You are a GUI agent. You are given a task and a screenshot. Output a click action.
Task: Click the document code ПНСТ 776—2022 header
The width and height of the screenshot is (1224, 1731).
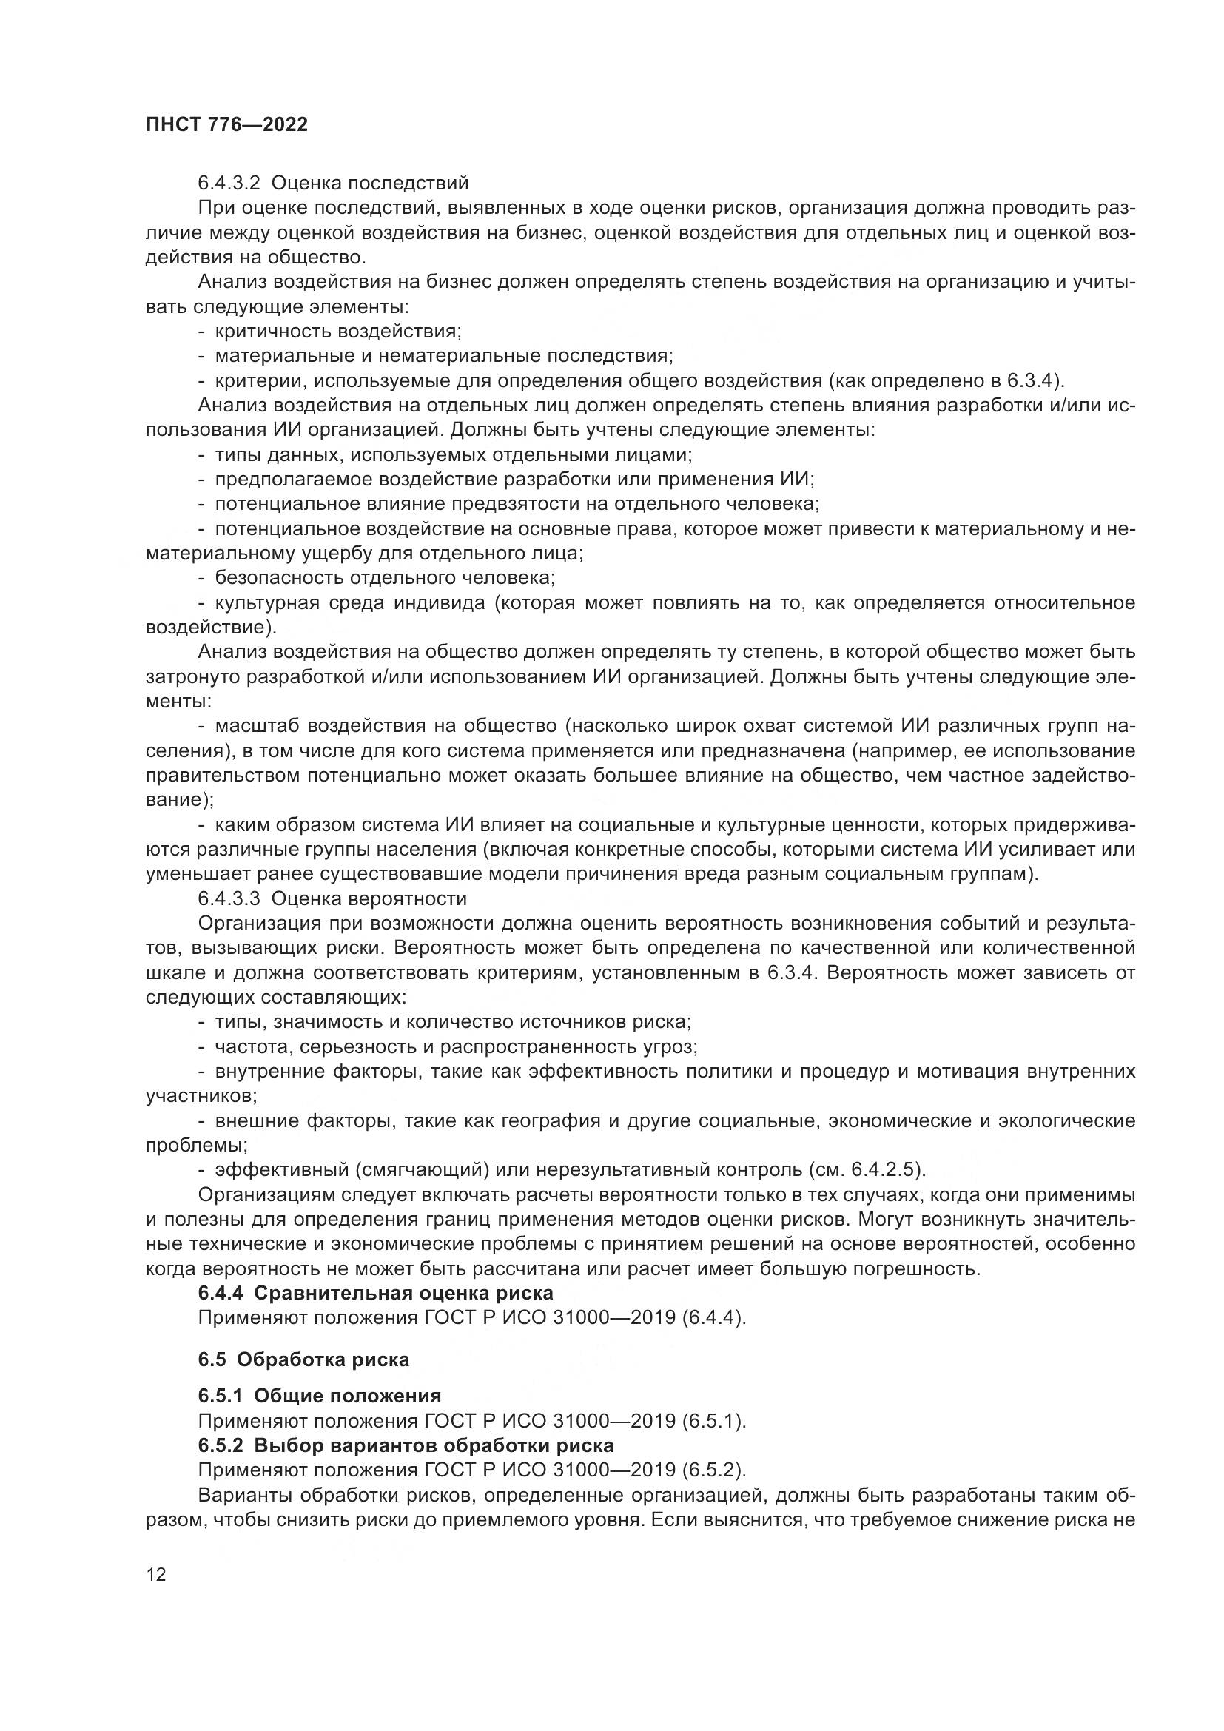click(x=227, y=125)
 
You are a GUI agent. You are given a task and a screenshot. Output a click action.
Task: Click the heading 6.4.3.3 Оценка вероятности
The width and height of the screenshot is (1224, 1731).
click(x=332, y=898)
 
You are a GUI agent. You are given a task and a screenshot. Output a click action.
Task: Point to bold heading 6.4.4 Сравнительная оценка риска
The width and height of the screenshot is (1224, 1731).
click(x=375, y=1293)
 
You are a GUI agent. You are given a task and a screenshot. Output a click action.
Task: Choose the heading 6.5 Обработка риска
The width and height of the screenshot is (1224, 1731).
click(x=303, y=1359)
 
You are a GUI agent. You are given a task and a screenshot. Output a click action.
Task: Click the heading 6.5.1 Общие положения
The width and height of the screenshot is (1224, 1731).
click(x=320, y=1396)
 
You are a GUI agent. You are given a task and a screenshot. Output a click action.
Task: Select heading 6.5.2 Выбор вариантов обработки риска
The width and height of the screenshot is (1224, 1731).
click(x=406, y=1445)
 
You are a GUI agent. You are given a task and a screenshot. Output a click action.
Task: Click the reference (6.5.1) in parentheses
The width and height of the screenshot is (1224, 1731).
click(x=713, y=1421)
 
